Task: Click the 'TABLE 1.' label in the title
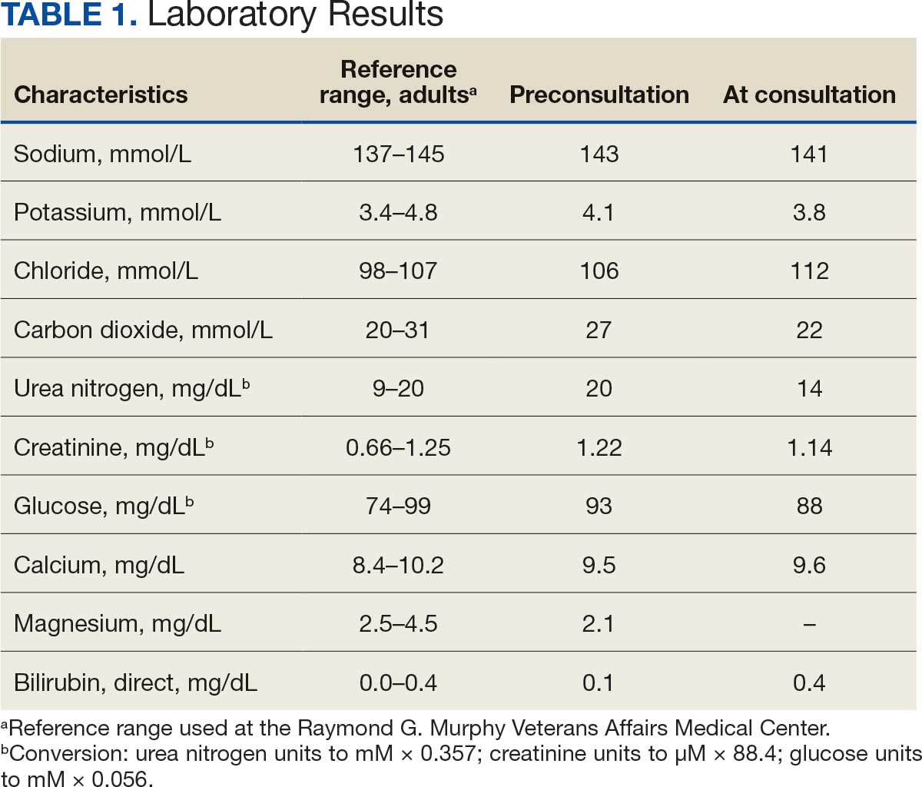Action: coord(69,15)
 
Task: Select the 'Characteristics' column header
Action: coord(101,95)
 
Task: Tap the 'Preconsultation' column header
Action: coord(599,95)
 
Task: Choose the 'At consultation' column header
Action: coord(809,95)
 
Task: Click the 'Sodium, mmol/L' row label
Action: coord(102,154)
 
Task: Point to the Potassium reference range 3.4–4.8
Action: coord(398,212)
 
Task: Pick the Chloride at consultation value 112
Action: coord(809,271)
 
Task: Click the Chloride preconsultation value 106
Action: coord(599,271)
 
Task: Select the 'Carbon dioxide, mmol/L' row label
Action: coord(143,330)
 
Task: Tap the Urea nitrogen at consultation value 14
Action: coord(809,389)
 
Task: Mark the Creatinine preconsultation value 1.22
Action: coord(599,447)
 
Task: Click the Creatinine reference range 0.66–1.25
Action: coord(398,447)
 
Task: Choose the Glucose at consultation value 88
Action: coord(809,506)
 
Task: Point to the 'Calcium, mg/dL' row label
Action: coord(99,565)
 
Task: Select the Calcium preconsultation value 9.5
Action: coord(599,565)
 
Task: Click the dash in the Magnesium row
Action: coord(809,624)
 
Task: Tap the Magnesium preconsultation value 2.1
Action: coord(599,623)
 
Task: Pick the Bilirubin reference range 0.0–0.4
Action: coord(398,682)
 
